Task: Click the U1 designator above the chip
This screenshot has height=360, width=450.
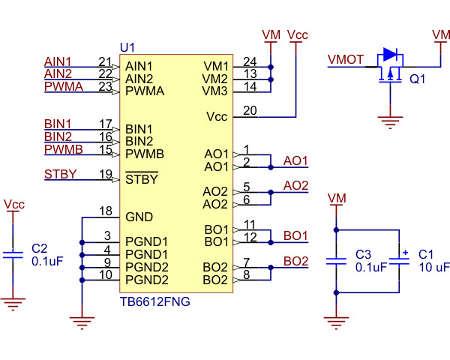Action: [127, 47]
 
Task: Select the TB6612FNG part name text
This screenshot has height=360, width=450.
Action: [154, 302]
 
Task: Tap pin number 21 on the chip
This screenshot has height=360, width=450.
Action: [105, 61]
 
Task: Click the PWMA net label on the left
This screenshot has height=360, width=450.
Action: [58, 87]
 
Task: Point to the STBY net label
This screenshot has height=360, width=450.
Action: [60, 175]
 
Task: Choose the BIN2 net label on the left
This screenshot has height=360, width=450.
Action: [58, 136]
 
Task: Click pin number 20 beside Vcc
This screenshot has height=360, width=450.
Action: [250, 111]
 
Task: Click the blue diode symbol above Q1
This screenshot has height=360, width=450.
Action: [389, 54]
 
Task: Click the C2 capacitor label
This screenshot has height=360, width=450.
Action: [39, 247]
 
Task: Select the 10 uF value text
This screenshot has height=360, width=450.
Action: [433, 267]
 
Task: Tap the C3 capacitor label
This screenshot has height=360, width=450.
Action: [363, 253]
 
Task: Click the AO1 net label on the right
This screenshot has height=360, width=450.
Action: [295, 161]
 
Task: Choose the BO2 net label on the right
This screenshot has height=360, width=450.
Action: [295, 262]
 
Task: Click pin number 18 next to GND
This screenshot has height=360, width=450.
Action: [105, 211]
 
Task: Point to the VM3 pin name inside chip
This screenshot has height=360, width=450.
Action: [215, 91]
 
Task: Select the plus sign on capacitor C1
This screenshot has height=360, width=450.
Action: [405, 253]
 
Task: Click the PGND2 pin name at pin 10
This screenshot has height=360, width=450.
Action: [146, 280]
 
